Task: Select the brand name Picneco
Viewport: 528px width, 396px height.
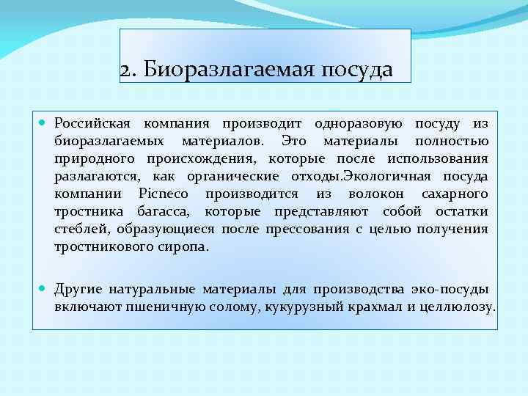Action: click(163, 194)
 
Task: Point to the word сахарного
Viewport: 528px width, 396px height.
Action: click(455, 194)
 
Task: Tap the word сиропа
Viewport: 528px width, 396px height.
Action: click(185, 246)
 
